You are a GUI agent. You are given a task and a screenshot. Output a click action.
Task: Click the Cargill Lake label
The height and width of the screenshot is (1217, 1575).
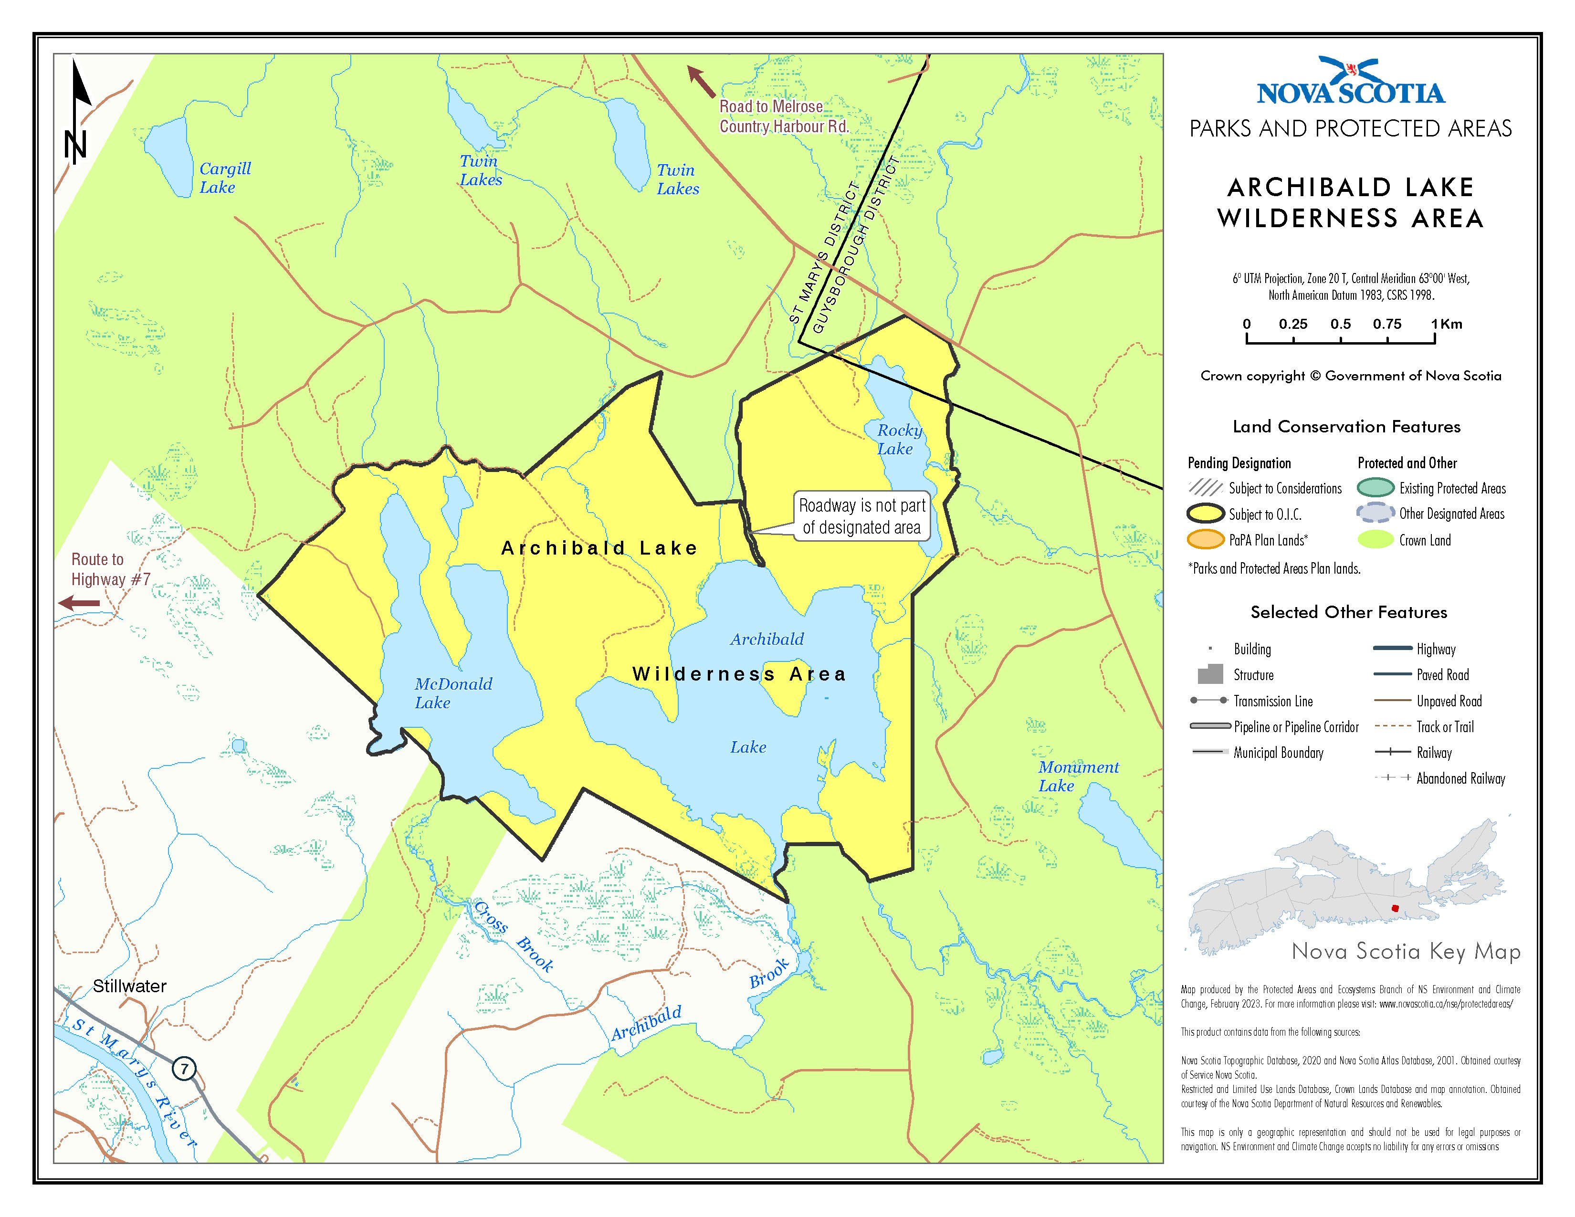pos(224,178)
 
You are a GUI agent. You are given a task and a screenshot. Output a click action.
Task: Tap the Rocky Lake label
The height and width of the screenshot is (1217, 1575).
pos(899,439)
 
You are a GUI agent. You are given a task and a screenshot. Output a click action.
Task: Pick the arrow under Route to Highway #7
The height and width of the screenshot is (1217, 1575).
pos(79,603)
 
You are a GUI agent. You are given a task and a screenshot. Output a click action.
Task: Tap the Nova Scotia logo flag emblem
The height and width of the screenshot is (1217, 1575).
pos(1353,71)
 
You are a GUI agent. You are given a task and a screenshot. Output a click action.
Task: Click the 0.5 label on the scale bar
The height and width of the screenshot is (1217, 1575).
pos(1340,324)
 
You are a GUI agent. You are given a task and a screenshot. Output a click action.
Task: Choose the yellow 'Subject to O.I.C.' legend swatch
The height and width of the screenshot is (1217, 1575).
pos(1205,514)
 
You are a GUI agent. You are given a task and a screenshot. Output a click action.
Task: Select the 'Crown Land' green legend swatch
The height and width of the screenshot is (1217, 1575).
pos(1375,539)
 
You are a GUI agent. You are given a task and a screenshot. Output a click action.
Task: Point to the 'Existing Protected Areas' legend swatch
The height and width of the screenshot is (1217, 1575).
pos(1375,487)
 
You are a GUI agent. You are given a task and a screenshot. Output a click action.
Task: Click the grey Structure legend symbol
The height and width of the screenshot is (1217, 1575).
pos(1210,674)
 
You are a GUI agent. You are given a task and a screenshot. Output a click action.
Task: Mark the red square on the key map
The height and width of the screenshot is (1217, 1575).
pos(1395,908)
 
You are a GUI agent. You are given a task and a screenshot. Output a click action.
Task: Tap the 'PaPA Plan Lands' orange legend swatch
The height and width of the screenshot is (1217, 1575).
pos(1205,539)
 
